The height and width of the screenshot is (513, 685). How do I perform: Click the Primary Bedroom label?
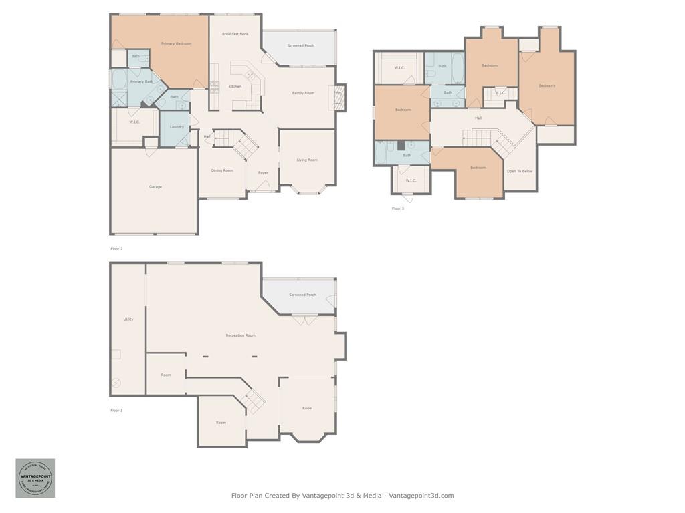pos(176,44)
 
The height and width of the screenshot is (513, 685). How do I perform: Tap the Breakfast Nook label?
pos(235,34)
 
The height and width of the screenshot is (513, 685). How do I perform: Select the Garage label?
pos(155,187)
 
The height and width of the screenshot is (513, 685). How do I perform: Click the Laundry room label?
pos(177,127)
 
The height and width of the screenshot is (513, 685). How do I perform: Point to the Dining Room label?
pos(222,171)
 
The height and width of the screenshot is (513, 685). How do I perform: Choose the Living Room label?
pos(307,160)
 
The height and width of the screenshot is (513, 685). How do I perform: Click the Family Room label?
pos(303,93)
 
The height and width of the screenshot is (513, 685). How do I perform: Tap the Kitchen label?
pos(235,87)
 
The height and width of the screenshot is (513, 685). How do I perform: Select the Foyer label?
pos(263,173)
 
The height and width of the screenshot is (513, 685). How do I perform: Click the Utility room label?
pos(128,319)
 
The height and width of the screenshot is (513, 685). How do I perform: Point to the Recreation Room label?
pos(240,335)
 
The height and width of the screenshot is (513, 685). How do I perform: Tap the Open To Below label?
pos(520,172)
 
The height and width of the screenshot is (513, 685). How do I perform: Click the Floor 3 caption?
pos(398,209)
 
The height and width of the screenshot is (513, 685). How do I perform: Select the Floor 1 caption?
pos(116,411)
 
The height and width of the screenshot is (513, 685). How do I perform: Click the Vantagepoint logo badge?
pos(35,478)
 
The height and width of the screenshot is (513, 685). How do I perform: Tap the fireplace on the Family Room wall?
pos(340,98)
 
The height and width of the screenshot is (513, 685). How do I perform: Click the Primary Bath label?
pos(141,82)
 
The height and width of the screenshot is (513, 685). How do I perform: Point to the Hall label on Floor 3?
pos(478,118)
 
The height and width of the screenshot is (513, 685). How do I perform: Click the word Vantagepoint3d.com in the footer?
pos(421,496)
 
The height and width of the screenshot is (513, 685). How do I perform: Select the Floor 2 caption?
pos(116,249)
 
